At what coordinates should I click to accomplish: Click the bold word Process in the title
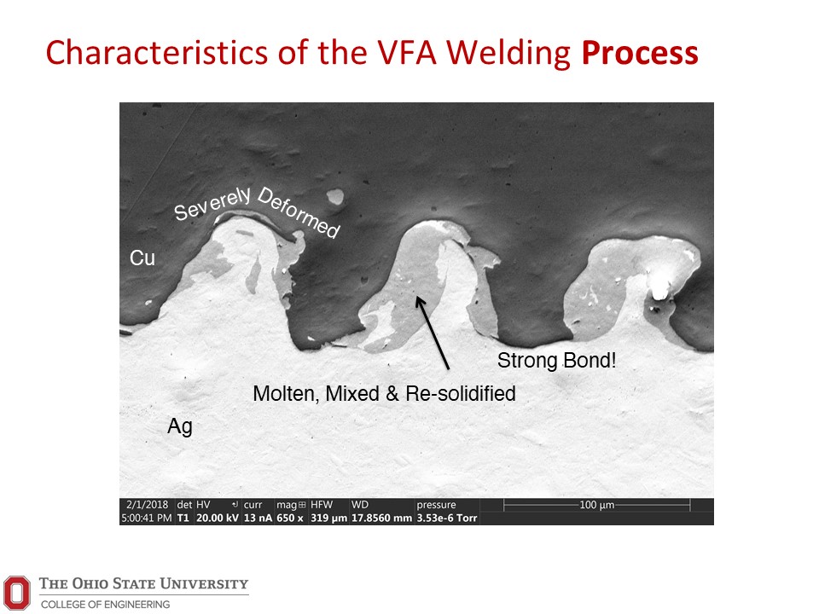click(640, 54)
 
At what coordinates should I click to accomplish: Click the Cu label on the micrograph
click(142, 258)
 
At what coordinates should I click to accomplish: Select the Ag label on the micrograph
click(180, 426)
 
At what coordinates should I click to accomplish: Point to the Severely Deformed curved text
click(257, 208)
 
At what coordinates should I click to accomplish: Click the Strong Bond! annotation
click(557, 360)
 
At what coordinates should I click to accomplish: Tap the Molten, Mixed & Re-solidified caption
click(384, 393)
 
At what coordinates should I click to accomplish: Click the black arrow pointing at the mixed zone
click(432, 333)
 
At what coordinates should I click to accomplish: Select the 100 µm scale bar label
click(597, 505)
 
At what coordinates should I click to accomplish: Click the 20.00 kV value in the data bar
click(218, 518)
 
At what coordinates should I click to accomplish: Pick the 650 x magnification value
click(290, 518)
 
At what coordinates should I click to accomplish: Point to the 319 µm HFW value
click(328, 518)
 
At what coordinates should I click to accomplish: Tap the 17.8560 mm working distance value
click(382, 518)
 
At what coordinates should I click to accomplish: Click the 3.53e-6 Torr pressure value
click(447, 518)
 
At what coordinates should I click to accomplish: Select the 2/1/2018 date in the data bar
click(148, 504)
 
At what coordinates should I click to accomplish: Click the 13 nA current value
click(258, 518)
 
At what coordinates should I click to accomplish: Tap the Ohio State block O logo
click(17, 593)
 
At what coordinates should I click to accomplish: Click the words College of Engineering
click(106, 604)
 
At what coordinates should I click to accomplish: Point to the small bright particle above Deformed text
click(335, 197)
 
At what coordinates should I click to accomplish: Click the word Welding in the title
click(508, 54)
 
